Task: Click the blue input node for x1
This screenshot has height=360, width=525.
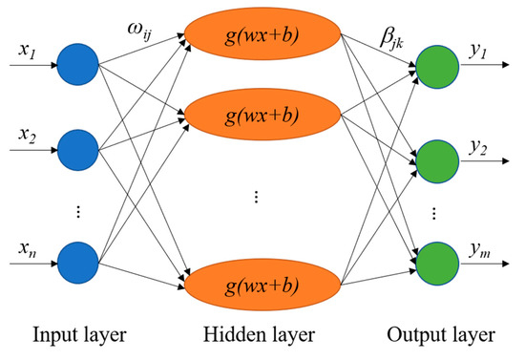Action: (77, 65)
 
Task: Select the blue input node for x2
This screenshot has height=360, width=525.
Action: (77, 147)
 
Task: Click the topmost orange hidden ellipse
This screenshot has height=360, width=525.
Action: (261, 38)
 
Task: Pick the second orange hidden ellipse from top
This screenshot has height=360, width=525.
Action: (261, 116)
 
